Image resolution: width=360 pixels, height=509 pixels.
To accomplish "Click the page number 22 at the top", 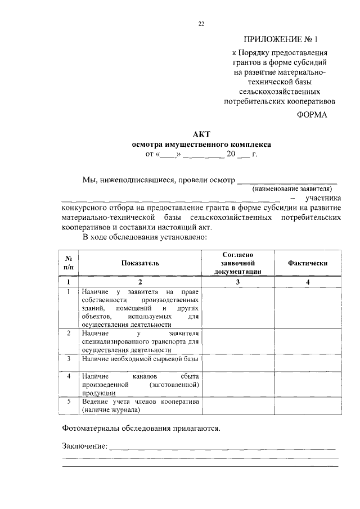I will coord(201,23).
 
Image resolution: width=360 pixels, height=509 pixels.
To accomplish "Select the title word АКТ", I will coord(201,134).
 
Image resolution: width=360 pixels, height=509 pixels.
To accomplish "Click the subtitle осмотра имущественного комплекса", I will coord(201,143).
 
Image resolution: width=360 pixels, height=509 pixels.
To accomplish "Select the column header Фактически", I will coord(307,263).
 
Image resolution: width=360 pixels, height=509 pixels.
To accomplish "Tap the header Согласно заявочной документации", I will coord(238,263).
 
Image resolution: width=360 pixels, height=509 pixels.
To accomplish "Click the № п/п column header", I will coord(69,263).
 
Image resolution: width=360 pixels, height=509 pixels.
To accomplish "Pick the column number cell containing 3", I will coord(238,282).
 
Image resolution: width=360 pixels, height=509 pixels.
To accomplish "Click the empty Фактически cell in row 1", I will coord(307,308).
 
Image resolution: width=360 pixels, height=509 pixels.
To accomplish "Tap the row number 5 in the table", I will coord(69,402).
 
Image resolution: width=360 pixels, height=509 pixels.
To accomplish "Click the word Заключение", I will coord(84,446).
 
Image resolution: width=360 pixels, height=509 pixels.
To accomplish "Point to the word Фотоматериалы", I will coord(89,427).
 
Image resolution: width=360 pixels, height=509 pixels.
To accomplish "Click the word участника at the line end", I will coord(321,198).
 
